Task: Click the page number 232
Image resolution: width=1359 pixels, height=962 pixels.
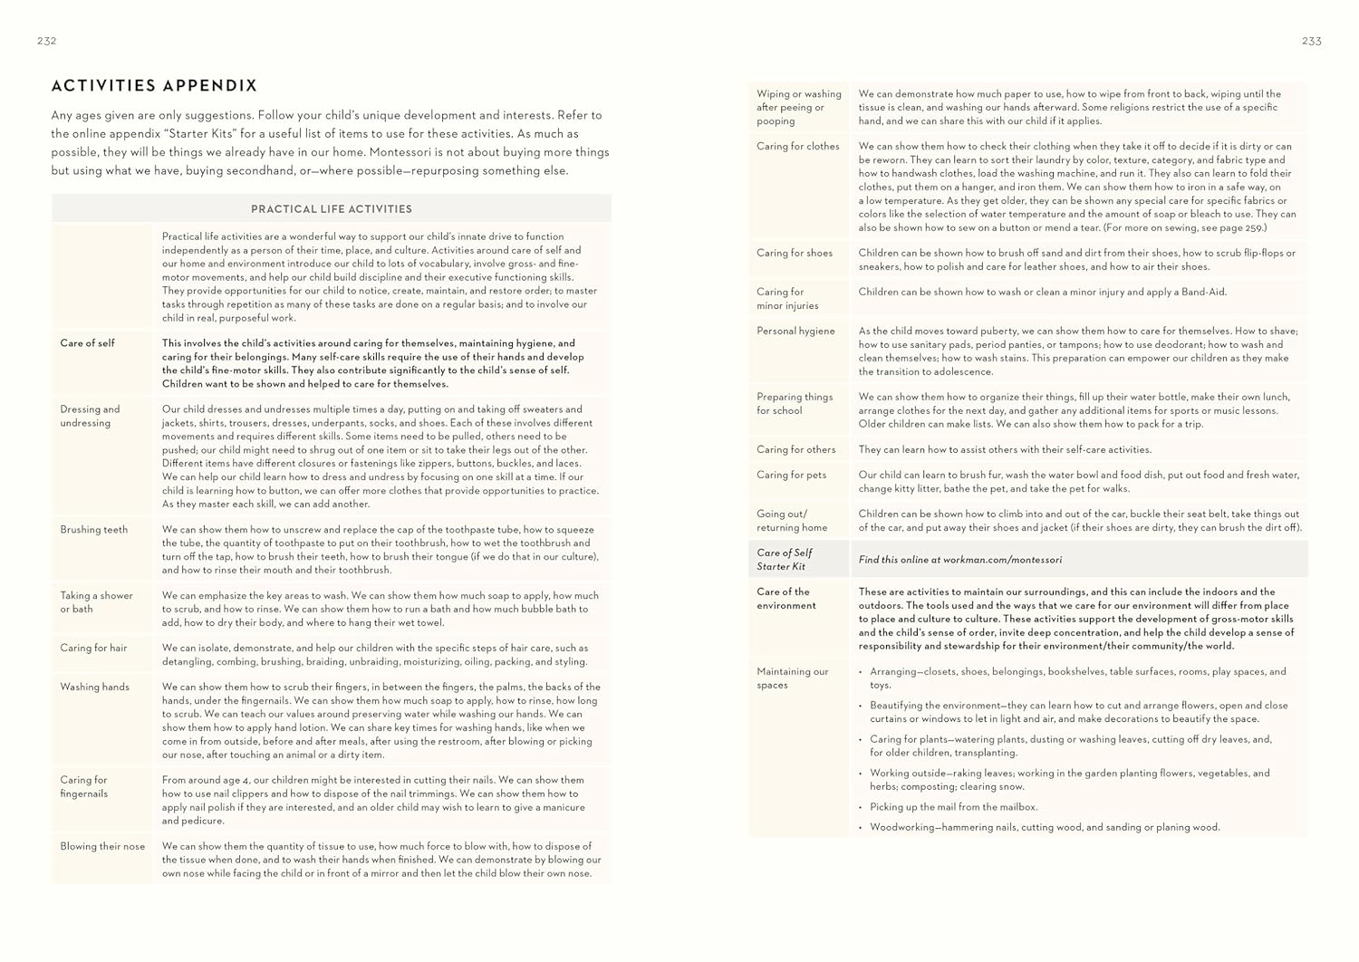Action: point(47,41)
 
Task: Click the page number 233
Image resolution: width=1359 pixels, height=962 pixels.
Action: point(1311,41)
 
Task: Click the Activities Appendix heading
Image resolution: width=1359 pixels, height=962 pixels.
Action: point(155,86)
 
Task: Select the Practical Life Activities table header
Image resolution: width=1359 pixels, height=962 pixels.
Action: point(332,209)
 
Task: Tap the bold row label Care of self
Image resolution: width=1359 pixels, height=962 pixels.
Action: point(88,343)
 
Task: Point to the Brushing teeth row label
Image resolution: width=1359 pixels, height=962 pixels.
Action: point(94,530)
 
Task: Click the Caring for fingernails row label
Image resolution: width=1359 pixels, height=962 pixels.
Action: point(84,786)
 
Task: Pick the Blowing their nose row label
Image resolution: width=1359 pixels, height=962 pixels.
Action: point(102,846)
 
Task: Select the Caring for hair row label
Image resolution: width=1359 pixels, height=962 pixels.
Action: point(94,648)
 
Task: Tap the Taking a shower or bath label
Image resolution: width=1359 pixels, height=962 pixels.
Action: point(97,602)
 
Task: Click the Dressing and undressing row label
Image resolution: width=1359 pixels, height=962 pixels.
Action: point(90,416)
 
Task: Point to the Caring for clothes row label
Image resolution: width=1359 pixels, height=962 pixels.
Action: point(798,146)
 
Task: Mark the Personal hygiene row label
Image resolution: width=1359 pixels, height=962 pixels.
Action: point(796,331)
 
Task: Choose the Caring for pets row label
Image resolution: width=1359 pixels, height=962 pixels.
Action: point(792,475)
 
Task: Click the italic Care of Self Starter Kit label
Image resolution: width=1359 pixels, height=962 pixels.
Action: point(785,559)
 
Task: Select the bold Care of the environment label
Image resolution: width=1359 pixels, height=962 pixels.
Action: point(786,599)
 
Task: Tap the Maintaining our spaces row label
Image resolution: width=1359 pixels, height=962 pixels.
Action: point(793,678)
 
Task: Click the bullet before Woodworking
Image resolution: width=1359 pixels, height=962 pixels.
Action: point(860,827)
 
